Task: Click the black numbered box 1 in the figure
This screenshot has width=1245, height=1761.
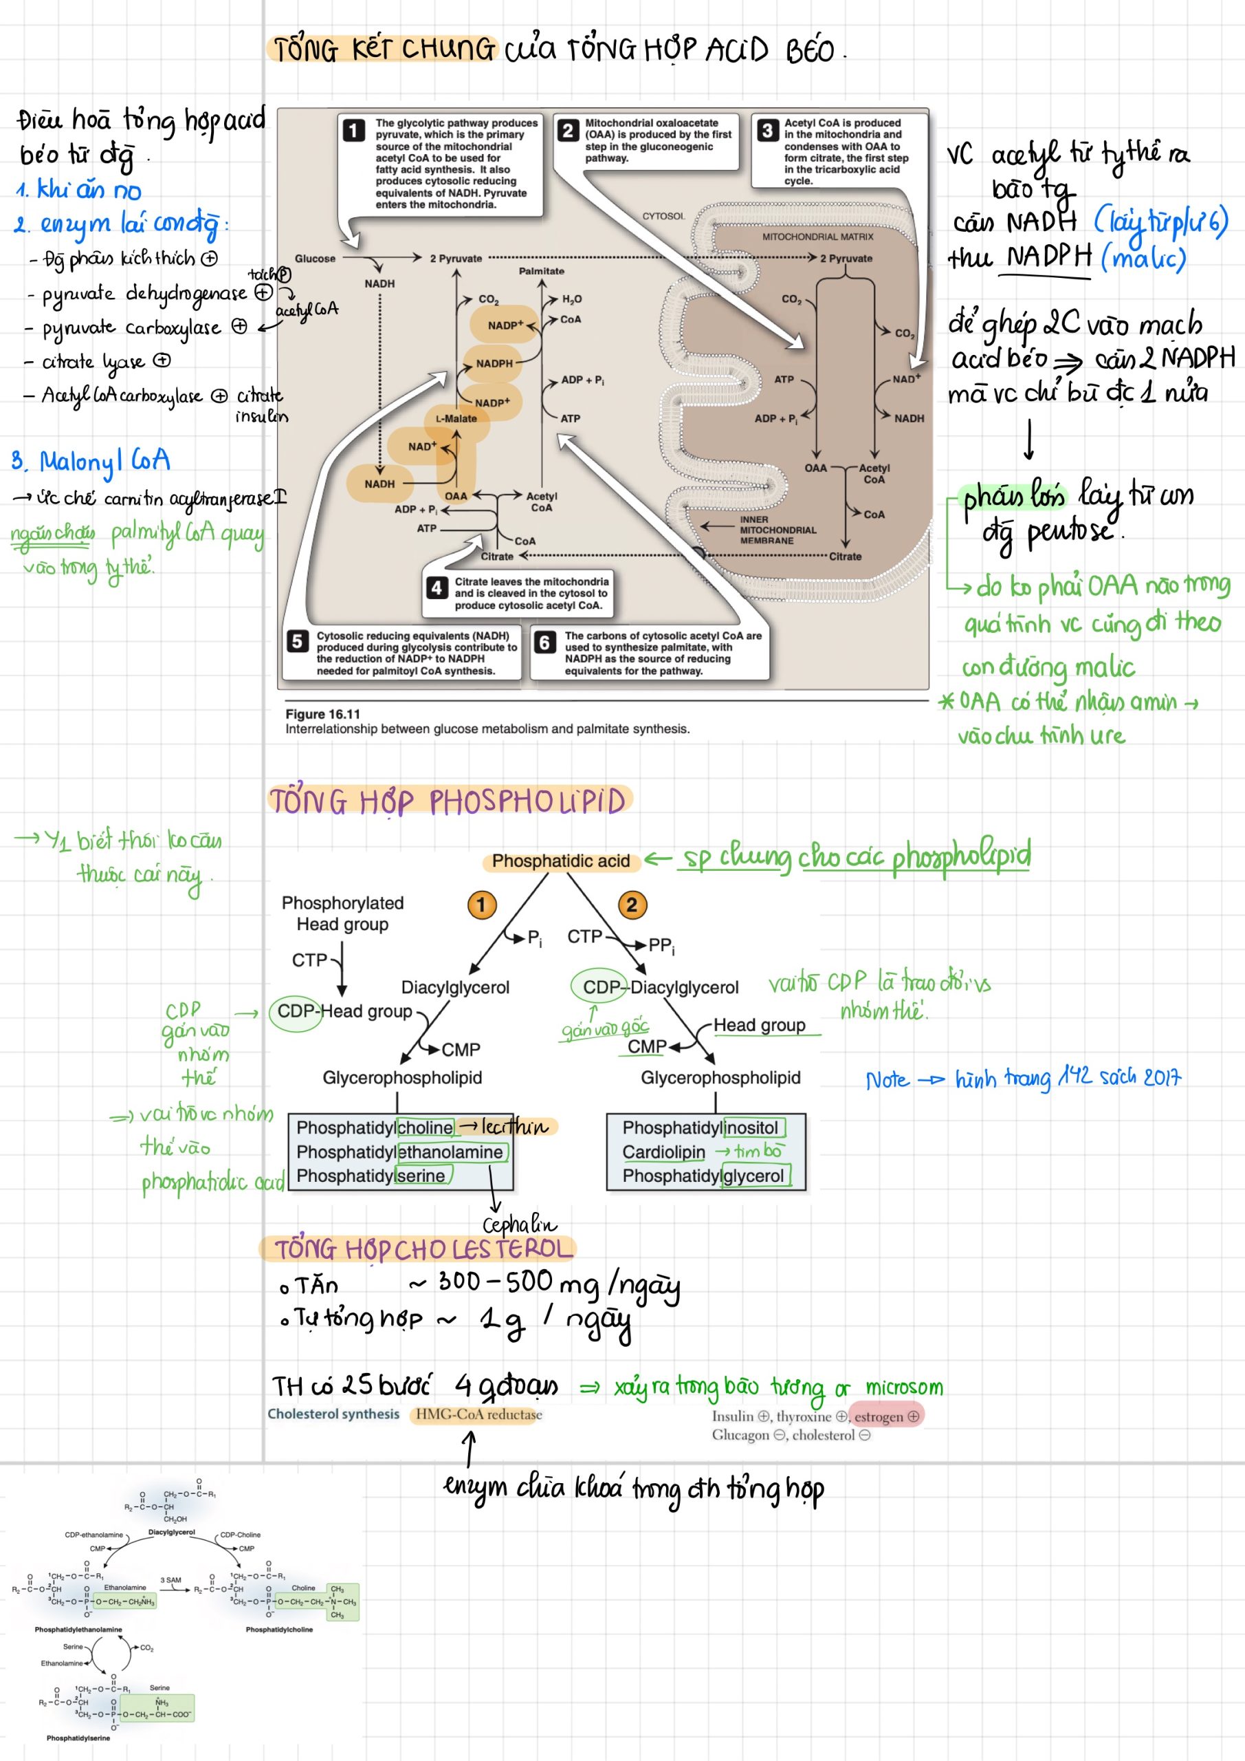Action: pyautogui.click(x=353, y=131)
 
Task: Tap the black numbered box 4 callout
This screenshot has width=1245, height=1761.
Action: pyautogui.click(x=437, y=587)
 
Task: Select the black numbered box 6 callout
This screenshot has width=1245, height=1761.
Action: pyautogui.click(x=544, y=642)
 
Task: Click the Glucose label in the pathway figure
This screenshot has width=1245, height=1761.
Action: pyautogui.click(x=315, y=259)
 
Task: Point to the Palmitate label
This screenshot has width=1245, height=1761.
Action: pyautogui.click(x=541, y=271)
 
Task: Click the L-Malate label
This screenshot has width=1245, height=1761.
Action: pyautogui.click(x=456, y=419)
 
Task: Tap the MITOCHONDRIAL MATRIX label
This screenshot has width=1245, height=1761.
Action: pyautogui.click(x=817, y=237)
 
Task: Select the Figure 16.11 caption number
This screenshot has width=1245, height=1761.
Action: pyautogui.click(x=322, y=714)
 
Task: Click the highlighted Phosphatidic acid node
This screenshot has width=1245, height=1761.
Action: pyautogui.click(x=560, y=861)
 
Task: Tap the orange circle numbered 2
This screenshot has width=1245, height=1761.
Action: pyautogui.click(x=632, y=905)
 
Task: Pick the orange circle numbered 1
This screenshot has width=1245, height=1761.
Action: pyautogui.click(x=481, y=905)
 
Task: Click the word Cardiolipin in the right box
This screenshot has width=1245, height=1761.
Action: pyautogui.click(x=663, y=1152)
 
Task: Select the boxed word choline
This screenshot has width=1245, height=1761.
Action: pyautogui.click(x=426, y=1127)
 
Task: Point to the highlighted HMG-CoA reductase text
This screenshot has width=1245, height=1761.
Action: pyautogui.click(x=478, y=1414)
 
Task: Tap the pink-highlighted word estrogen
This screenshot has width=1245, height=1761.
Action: pyautogui.click(x=879, y=1416)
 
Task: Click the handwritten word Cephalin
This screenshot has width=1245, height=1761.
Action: pyautogui.click(x=519, y=1224)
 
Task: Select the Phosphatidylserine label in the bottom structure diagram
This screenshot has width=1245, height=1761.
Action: pyautogui.click(x=78, y=1738)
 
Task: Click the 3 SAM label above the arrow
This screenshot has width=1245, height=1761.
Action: pyautogui.click(x=171, y=1580)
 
